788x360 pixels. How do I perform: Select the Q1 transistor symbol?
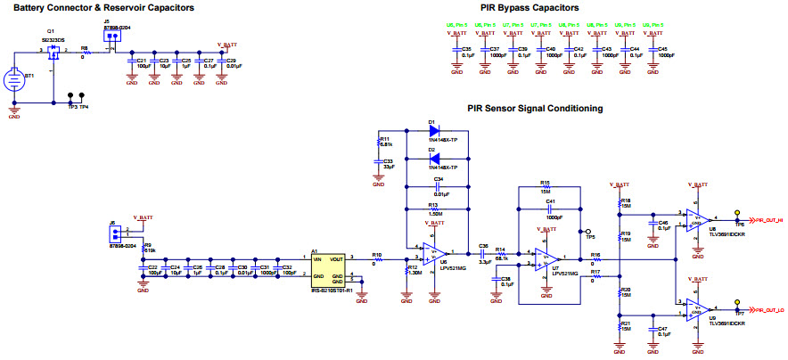(x=52, y=54)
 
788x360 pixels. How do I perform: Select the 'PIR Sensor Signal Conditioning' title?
(x=535, y=108)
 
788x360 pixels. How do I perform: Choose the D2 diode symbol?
(x=433, y=159)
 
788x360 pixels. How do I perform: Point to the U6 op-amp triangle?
(x=434, y=253)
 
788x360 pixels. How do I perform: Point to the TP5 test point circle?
(x=587, y=230)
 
